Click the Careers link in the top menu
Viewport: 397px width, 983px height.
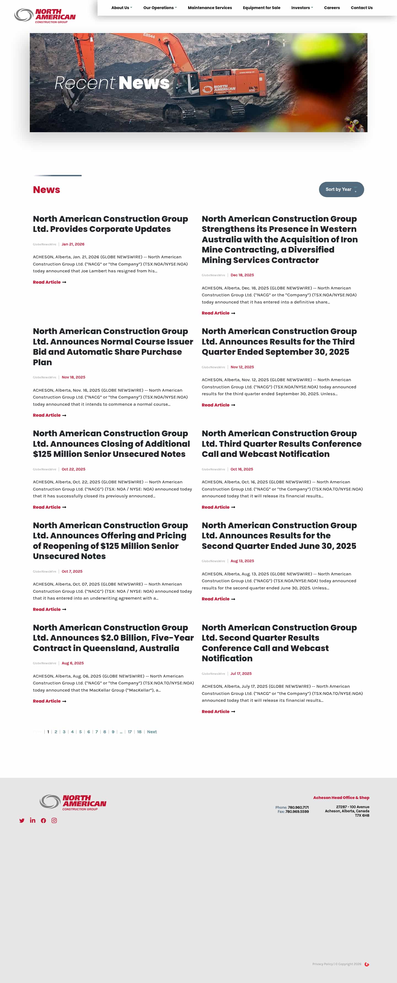(x=332, y=8)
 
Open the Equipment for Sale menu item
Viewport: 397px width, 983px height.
(x=261, y=8)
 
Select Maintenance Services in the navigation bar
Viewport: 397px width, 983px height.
(x=210, y=8)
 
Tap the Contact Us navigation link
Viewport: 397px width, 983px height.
(x=361, y=8)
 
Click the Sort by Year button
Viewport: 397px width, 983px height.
(x=341, y=190)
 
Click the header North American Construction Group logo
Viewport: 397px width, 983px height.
(x=45, y=16)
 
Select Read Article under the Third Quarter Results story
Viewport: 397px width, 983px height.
(x=218, y=405)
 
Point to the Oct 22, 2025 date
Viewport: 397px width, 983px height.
(x=73, y=469)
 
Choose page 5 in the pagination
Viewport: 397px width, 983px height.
(x=80, y=732)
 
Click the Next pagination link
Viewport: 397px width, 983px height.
(x=152, y=732)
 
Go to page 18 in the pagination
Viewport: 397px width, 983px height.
(x=139, y=732)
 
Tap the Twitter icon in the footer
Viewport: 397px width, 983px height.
(x=22, y=821)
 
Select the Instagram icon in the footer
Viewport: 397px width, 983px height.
(x=54, y=820)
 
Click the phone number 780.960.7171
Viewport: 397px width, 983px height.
(x=298, y=808)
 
